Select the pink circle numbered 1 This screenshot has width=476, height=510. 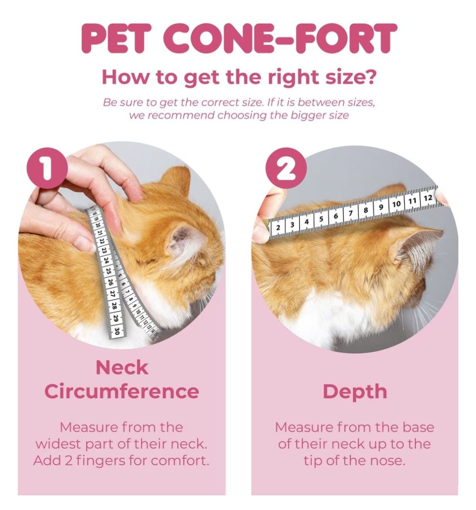[47, 168]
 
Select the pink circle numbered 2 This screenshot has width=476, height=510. [286, 168]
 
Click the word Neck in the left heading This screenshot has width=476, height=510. [122, 368]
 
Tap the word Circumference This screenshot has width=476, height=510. [122, 391]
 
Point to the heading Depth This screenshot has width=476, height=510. [355, 392]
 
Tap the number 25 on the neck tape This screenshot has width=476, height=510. [109, 271]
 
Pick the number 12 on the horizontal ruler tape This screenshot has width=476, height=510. [428, 198]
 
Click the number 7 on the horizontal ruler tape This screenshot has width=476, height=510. [351, 213]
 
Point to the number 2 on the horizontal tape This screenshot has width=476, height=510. [278, 227]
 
